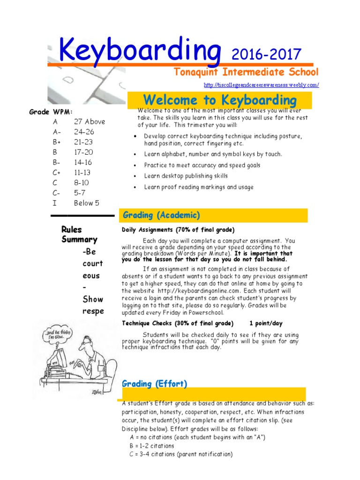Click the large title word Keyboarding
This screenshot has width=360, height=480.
click(139, 50)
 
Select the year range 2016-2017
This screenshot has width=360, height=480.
click(266, 54)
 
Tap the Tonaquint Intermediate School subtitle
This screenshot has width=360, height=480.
click(246, 72)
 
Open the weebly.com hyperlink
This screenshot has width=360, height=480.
click(262, 85)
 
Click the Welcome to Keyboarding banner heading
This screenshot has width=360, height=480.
click(220, 100)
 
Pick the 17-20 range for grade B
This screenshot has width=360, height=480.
click(83, 152)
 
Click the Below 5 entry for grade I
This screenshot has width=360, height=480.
click(87, 203)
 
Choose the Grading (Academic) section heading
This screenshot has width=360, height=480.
click(161, 215)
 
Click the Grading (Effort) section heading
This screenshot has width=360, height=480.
click(155, 384)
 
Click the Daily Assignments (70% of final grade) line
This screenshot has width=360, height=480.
click(178, 230)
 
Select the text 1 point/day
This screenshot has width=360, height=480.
click(266, 323)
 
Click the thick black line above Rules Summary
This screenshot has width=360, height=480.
click(82, 216)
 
